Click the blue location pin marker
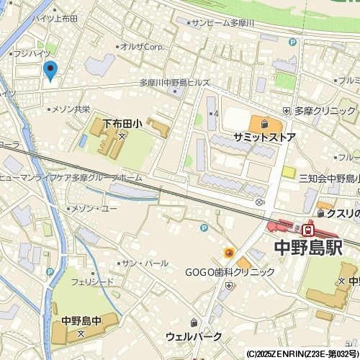tap(50, 70)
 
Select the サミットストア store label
tap(264, 136)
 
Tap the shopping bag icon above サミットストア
tap(264, 122)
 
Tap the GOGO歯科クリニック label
tap(230, 272)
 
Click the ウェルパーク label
tap(194, 336)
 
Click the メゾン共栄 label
tap(71, 109)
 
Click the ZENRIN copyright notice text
tap(302, 354)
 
